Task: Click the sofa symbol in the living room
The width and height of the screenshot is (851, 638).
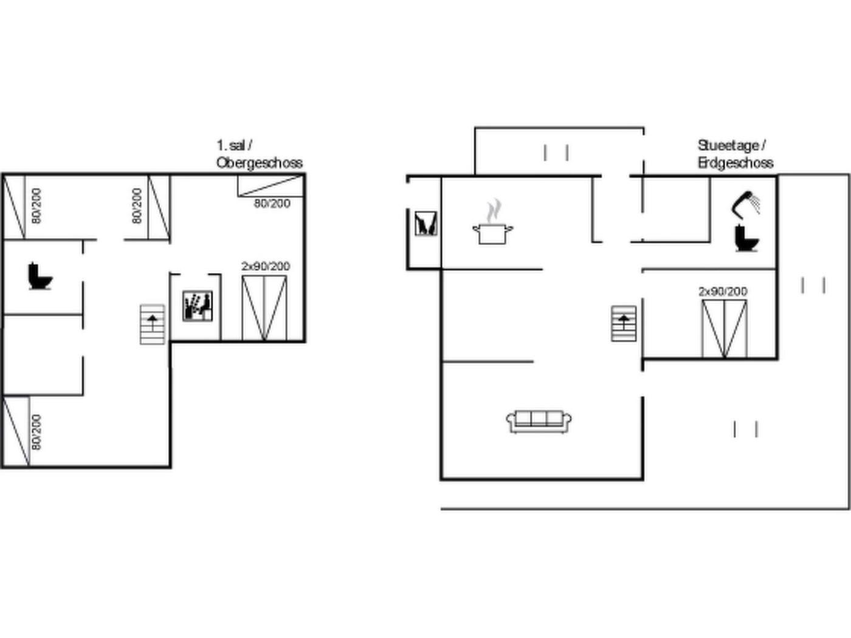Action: [539, 422]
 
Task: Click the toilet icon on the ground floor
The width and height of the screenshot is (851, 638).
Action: [746, 238]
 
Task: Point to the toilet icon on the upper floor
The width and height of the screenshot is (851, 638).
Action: [40, 276]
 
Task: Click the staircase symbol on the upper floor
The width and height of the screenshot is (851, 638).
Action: [153, 324]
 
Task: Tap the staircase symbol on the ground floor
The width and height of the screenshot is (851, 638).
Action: [624, 323]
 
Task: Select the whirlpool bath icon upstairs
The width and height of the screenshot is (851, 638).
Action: [198, 306]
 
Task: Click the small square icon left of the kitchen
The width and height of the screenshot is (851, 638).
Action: [425, 224]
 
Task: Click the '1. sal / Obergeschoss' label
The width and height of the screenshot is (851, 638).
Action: [260, 154]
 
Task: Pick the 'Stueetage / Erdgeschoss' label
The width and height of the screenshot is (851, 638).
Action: [736, 154]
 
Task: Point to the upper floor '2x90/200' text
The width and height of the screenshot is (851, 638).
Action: [266, 267]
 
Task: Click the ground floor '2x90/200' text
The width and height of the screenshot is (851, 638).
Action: [723, 291]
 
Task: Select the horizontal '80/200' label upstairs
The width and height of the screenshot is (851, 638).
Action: [272, 204]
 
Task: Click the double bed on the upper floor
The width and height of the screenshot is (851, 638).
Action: [264, 308]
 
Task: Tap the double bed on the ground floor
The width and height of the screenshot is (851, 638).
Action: [724, 329]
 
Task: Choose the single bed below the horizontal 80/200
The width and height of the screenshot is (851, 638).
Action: [270, 187]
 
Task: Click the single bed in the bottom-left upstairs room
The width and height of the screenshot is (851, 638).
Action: [16, 431]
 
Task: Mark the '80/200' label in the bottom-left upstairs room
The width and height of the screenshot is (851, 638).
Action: [36, 432]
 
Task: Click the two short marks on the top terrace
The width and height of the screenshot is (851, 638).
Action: [556, 153]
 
